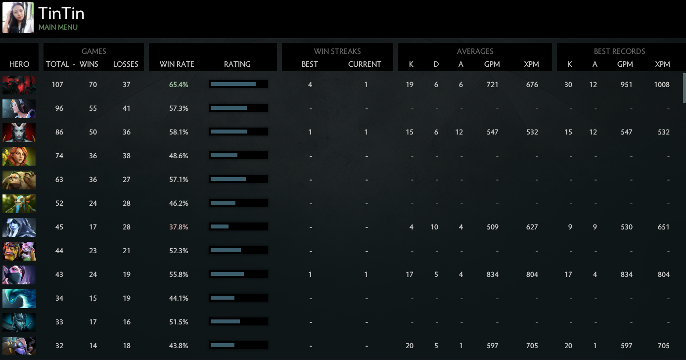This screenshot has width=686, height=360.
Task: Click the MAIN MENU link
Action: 58,27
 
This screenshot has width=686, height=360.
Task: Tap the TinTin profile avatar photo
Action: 18,18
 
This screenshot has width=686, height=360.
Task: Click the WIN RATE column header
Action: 177,64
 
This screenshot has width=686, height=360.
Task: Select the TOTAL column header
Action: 58,64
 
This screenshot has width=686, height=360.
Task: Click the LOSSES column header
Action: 126,64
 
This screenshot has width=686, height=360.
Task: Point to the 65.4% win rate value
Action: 179,85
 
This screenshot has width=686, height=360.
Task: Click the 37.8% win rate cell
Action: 179,227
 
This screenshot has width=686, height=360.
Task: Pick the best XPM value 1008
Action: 662,85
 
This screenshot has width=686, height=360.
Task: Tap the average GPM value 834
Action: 492,274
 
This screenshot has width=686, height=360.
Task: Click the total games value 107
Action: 58,85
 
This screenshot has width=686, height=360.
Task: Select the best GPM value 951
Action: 626,85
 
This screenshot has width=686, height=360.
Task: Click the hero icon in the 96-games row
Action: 19,108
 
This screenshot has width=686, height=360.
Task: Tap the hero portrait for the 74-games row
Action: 19,156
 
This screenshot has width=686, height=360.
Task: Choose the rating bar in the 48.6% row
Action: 238,156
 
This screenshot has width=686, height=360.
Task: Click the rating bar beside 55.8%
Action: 238,274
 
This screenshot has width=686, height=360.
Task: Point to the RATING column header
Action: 237,64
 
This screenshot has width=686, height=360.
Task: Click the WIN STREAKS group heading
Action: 337,51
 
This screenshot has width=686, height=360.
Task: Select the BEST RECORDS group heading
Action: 619,51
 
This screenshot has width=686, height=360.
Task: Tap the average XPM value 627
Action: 532,227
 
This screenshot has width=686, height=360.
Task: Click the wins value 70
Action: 93,85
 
